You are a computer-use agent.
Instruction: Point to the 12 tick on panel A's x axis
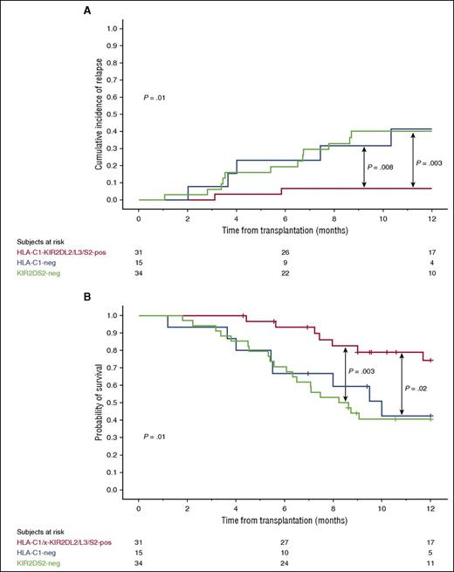point(430,213)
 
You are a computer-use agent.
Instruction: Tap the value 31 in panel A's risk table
point(139,254)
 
